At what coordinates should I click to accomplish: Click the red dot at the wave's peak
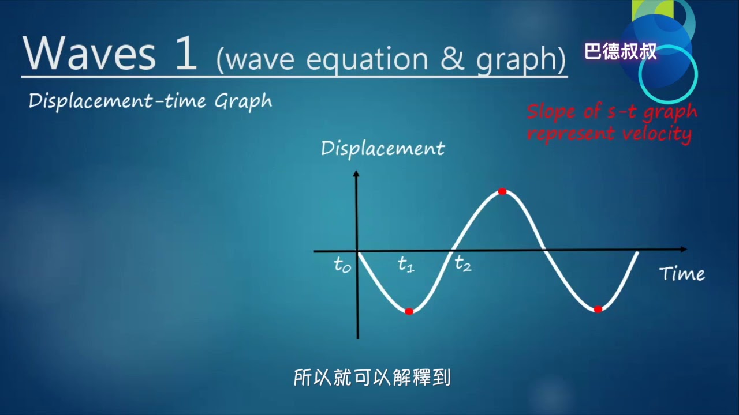tap(502, 191)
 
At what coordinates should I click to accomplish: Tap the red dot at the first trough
tap(409, 311)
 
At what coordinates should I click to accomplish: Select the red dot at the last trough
tap(598, 310)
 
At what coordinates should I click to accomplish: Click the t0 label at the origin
tap(342, 265)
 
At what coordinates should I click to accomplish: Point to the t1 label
tap(406, 265)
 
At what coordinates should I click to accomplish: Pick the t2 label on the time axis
tap(462, 264)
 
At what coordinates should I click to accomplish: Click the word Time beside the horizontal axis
tap(682, 274)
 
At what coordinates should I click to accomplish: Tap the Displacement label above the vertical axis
tap(383, 149)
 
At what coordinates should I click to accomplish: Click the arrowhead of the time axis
tap(683, 250)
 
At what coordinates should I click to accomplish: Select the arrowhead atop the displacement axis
tap(356, 173)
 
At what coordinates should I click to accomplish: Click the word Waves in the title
tap(89, 54)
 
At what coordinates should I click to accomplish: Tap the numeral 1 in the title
tap(185, 54)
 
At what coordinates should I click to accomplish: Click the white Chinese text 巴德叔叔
tap(621, 52)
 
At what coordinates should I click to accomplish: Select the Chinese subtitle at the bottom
tap(372, 378)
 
